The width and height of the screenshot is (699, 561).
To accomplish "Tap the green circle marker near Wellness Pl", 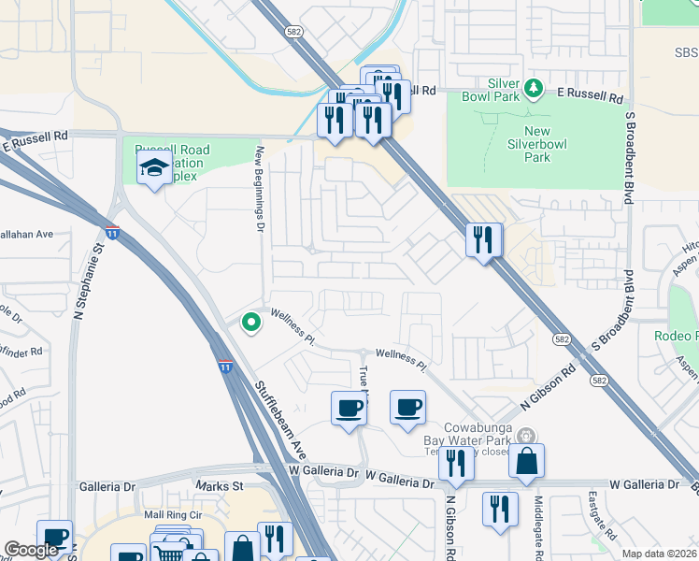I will click(250, 323).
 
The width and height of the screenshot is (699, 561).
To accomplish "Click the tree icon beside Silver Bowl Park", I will click(534, 89).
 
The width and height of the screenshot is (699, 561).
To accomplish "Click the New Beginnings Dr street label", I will click(261, 183).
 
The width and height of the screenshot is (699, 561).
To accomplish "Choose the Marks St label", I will click(220, 486).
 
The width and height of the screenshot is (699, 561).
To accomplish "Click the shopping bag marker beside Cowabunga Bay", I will click(527, 462).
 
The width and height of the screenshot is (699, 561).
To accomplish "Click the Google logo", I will click(32, 550).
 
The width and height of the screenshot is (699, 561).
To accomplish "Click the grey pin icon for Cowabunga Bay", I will click(526, 435).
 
